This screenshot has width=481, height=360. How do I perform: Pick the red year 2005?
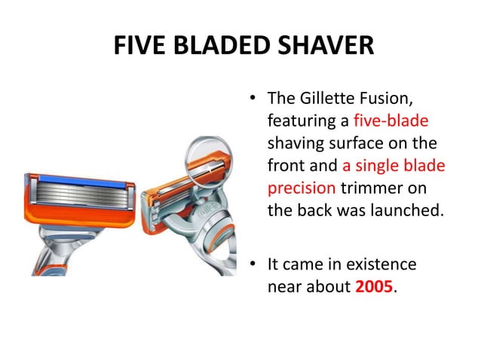pos(374,287)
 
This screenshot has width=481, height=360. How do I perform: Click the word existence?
pos(378,265)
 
